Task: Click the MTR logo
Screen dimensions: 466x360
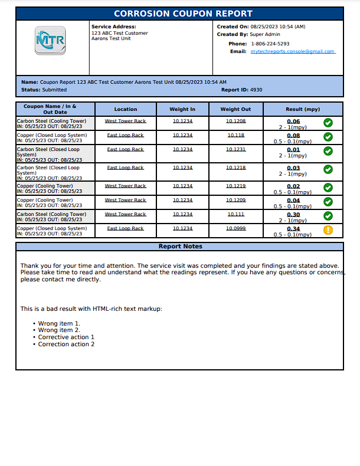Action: coord(50,41)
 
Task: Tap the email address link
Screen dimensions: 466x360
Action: coord(293,52)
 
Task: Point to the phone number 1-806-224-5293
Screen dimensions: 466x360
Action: coord(270,44)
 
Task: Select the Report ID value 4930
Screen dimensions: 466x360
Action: coord(256,90)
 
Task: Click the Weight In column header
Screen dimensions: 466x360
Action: coord(182,109)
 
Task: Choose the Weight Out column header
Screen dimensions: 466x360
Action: coord(235,109)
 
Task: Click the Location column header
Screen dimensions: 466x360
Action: coord(126,109)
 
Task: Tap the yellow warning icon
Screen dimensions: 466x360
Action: coord(328,230)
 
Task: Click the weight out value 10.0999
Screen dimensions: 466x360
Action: coord(235,228)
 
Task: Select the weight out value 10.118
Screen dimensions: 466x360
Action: coord(235,135)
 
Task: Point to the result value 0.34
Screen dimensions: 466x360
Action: coord(293,229)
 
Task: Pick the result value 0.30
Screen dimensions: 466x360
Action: coord(293,215)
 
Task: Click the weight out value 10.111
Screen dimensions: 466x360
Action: coord(235,214)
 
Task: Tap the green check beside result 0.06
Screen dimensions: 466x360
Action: coord(328,123)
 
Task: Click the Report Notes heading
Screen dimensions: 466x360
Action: coord(180,247)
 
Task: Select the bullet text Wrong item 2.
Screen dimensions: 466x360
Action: coord(59,330)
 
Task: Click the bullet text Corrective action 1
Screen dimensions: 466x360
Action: coord(66,337)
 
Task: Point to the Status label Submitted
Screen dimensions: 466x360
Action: coord(54,90)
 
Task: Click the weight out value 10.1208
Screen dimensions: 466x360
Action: coord(235,121)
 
